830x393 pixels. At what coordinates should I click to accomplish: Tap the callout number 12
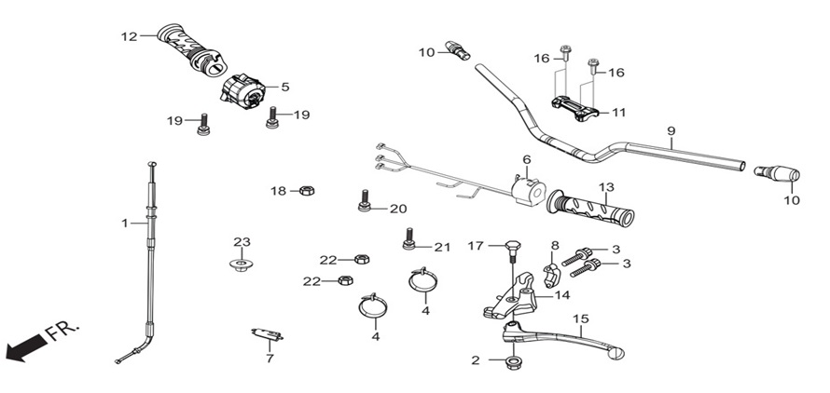[x=129, y=36]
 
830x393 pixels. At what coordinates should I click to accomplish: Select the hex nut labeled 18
[x=307, y=190]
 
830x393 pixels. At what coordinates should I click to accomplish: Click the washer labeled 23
[x=242, y=264]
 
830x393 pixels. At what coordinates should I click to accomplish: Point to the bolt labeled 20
[x=364, y=201]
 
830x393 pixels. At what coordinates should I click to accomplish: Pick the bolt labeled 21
[x=408, y=238]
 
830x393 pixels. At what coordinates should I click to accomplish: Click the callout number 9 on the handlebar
[x=671, y=130]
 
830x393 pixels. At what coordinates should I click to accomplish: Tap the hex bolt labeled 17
[x=512, y=251]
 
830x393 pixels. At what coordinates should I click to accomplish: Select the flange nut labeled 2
[x=512, y=362]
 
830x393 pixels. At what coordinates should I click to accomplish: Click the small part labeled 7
[x=267, y=334]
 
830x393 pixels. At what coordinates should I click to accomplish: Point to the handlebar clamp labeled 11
[x=576, y=108]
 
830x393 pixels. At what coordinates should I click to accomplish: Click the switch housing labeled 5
[x=242, y=91]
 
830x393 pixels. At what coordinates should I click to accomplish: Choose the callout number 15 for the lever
[x=581, y=318]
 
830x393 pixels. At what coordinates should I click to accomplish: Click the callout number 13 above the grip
[x=606, y=187]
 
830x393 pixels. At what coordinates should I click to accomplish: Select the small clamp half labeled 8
[x=550, y=276]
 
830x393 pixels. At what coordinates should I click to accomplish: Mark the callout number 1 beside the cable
[x=125, y=224]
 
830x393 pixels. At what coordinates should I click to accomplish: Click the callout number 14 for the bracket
[x=562, y=295]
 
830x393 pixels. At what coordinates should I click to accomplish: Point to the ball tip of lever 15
[x=617, y=354]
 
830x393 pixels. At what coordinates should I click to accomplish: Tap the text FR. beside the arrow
[x=62, y=331]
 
